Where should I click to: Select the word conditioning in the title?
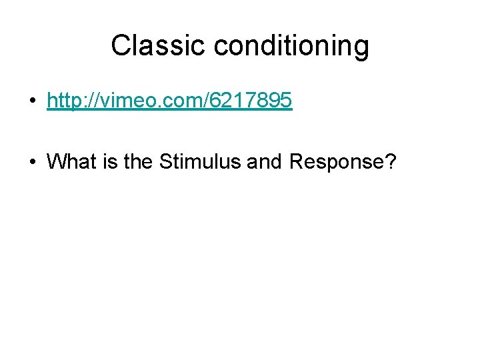click(291, 46)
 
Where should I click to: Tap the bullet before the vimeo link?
click(32, 101)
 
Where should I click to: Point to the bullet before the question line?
click(32, 161)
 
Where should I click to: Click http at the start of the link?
click(65, 101)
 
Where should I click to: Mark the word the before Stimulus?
click(138, 161)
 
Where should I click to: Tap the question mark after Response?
click(391, 161)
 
